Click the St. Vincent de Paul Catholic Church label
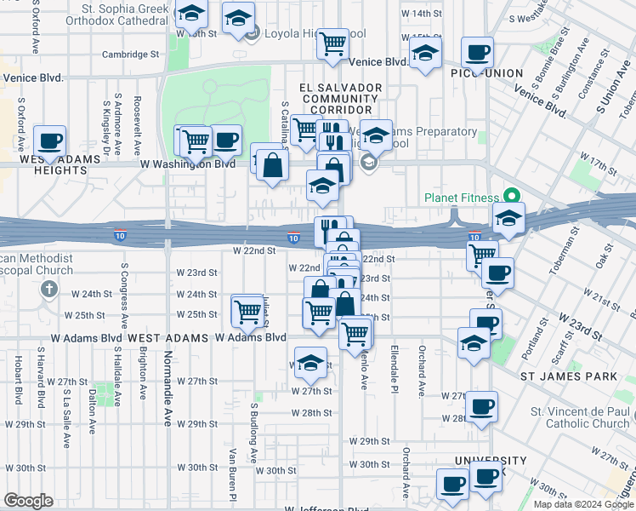(x=581, y=417)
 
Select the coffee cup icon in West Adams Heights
(x=50, y=141)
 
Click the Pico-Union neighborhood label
(x=492, y=73)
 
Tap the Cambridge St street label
(x=132, y=54)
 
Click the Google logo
(x=28, y=501)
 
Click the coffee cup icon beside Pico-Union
(x=478, y=53)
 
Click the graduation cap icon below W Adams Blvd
(x=311, y=363)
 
